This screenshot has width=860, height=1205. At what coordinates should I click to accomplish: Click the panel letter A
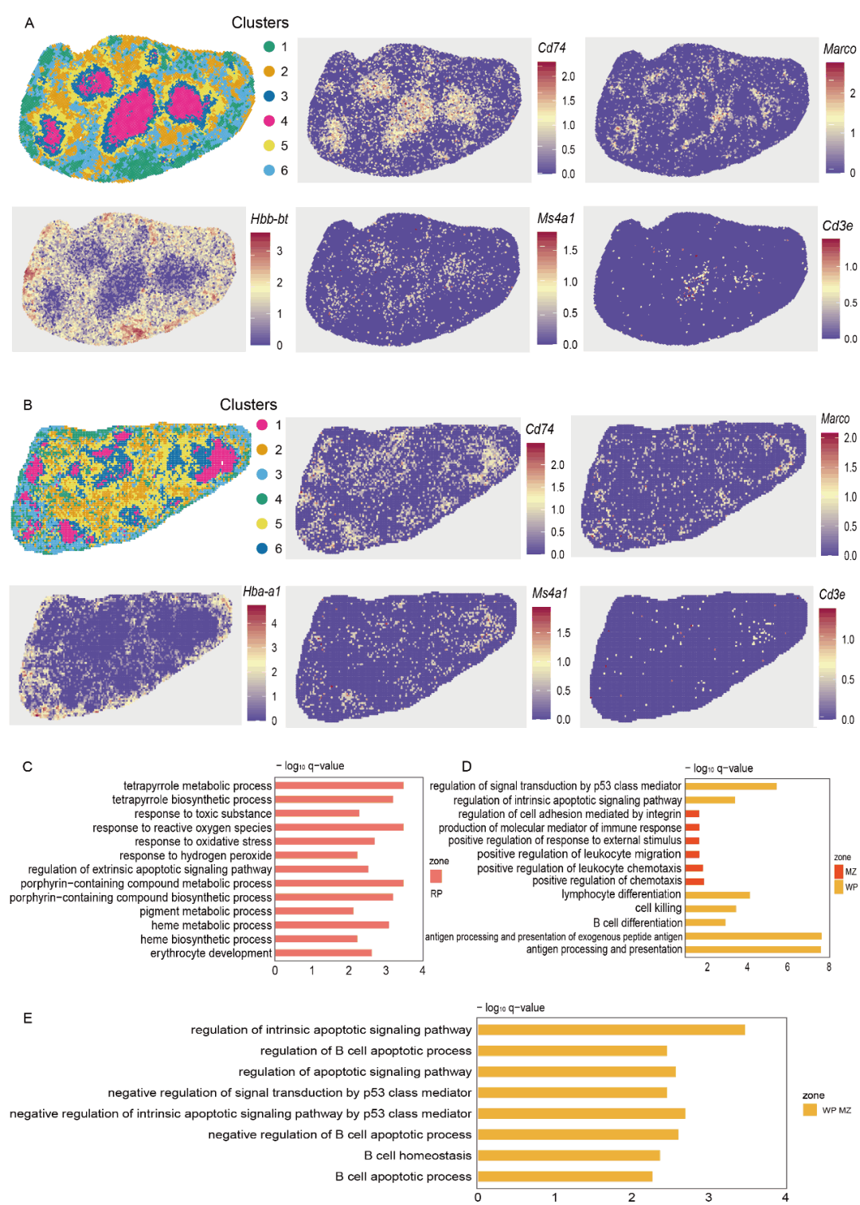pyautogui.click(x=29, y=23)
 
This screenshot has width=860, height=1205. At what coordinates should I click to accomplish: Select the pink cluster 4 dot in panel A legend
pyautogui.click(x=269, y=121)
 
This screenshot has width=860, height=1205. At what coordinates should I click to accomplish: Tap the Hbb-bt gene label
pyautogui.click(x=269, y=219)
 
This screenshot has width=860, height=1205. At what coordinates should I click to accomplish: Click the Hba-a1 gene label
pyautogui.click(x=261, y=592)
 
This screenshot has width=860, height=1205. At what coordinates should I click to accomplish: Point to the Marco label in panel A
pyautogui.click(x=839, y=49)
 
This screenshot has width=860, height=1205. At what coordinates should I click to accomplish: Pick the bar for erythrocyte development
pyautogui.click(x=323, y=953)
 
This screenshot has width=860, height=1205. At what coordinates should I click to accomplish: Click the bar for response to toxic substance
pyautogui.click(x=317, y=813)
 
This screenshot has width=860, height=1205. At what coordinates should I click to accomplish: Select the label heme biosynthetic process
pyautogui.click(x=206, y=939)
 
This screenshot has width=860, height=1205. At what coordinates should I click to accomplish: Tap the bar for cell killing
pyautogui.click(x=710, y=908)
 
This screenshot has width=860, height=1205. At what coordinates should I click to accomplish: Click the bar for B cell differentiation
pyautogui.click(x=706, y=922)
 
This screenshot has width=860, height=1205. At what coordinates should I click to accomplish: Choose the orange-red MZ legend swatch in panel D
pyautogui.click(x=838, y=871)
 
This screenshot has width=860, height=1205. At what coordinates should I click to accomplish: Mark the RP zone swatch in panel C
pyautogui.click(x=436, y=876)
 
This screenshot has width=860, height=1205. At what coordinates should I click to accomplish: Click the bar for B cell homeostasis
pyautogui.click(x=569, y=1155)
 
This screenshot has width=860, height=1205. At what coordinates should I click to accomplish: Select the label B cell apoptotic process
pyautogui.click(x=403, y=1176)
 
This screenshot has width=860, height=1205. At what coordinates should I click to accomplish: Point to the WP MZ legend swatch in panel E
pyautogui.click(x=810, y=1109)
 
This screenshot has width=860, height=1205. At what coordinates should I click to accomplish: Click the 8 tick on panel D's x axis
pyautogui.click(x=828, y=967)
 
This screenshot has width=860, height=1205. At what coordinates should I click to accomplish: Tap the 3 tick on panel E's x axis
pyautogui.click(x=709, y=1197)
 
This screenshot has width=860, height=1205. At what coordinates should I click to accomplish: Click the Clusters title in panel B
pyautogui.click(x=248, y=405)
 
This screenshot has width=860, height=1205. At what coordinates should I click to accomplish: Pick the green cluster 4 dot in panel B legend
pyautogui.click(x=262, y=499)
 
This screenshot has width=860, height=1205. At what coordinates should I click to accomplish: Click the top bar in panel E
pyautogui.click(x=611, y=1030)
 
